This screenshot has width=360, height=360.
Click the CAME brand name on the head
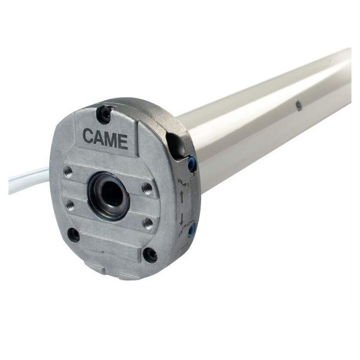click(105, 139)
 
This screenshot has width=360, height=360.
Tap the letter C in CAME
click(88, 136)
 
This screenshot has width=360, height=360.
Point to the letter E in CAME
click(123, 142)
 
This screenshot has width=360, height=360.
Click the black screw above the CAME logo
click(104, 113)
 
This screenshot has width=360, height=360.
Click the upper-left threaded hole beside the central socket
click(68, 171)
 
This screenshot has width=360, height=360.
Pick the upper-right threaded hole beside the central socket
click(146, 188)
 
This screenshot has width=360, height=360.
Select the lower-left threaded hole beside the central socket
click(70, 204)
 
